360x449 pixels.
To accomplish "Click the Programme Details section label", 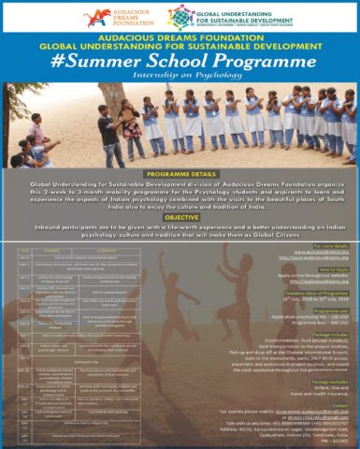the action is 180,173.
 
